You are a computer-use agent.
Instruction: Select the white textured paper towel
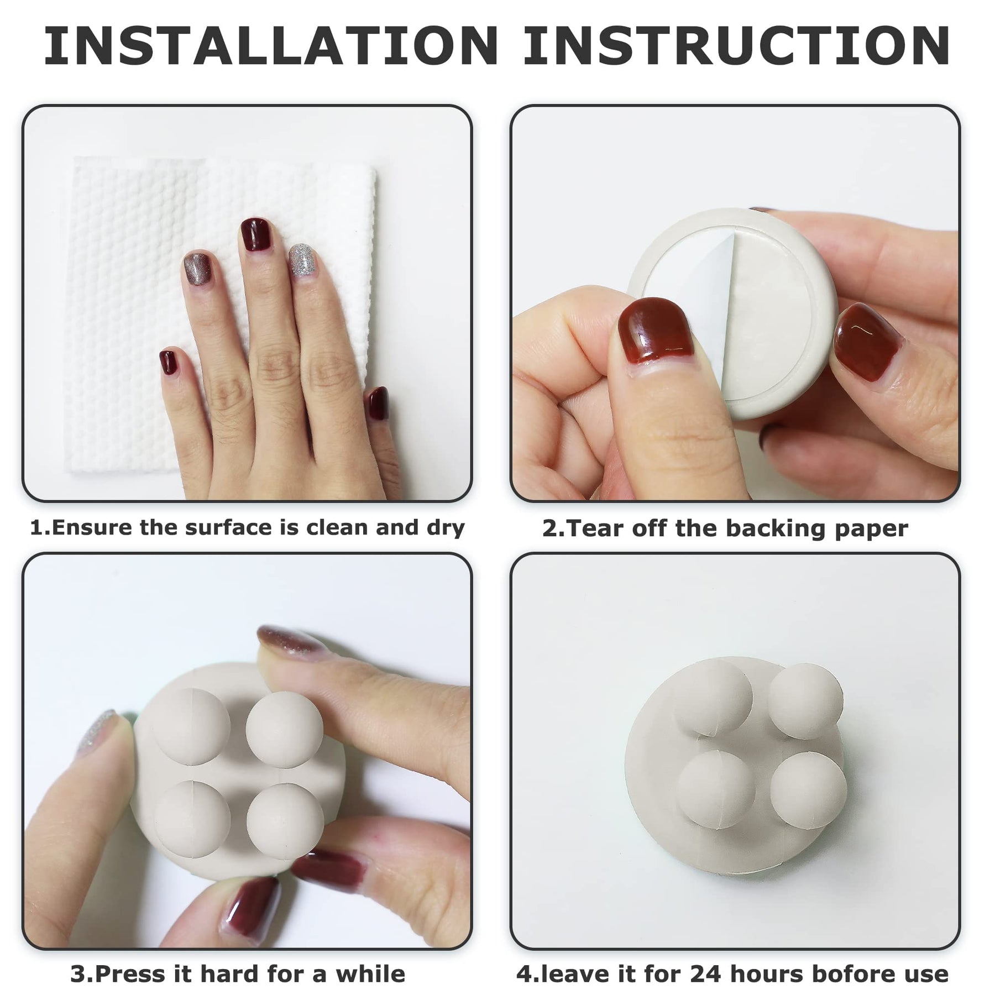(221, 312)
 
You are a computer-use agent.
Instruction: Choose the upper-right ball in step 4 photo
(805, 701)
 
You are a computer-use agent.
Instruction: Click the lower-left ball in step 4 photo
(716, 791)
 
